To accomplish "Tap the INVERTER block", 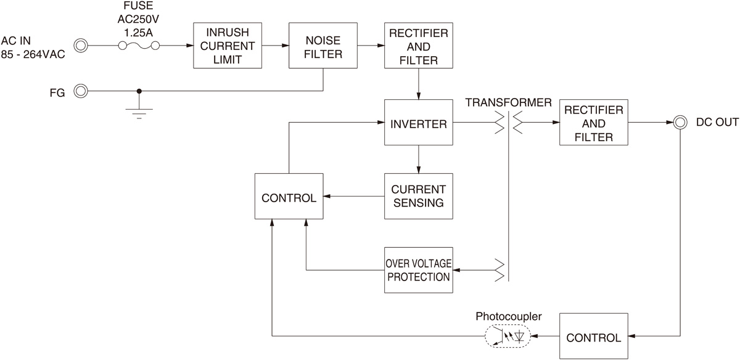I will [x=419, y=124].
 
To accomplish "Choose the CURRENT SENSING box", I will [x=418, y=195].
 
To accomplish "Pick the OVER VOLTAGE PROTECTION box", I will [x=418, y=270].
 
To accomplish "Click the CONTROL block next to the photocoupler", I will [x=593, y=337].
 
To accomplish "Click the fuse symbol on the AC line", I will [x=139, y=46].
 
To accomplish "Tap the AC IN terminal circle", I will [x=81, y=46].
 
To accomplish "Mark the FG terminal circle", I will [x=81, y=91].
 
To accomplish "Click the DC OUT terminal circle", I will [x=680, y=122].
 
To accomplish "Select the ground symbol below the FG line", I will [x=139, y=112].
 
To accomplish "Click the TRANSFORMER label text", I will [x=508, y=102].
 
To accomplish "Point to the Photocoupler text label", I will [x=509, y=316].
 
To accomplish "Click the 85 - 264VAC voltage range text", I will [x=32, y=53].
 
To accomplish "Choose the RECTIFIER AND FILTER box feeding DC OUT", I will [x=593, y=123].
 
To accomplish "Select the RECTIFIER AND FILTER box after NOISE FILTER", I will [x=419, y=46].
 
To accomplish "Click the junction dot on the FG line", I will [x=139, y=91].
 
